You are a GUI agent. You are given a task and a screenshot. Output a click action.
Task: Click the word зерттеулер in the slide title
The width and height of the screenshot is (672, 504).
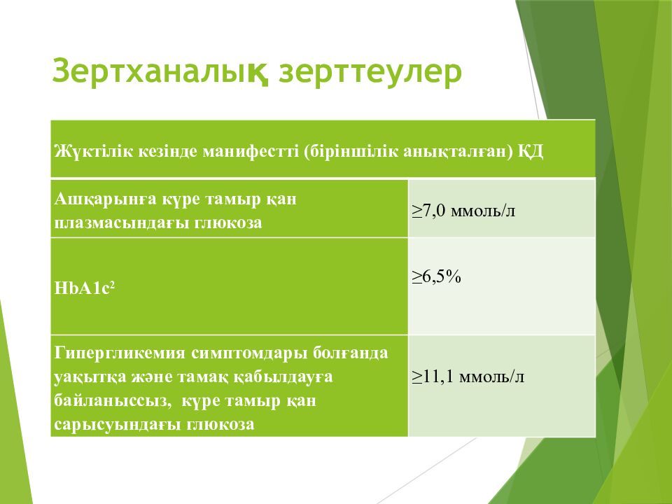(370, 71)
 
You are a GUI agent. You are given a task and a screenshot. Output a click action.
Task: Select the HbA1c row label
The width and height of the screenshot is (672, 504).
(85, 288)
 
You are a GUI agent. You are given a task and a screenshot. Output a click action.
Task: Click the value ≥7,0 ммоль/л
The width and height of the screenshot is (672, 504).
(463, 211)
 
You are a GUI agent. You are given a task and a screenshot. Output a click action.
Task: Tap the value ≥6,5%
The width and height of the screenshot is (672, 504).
(436, 277)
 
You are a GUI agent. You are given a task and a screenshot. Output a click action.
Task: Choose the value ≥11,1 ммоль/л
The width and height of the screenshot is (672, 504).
(468, 377)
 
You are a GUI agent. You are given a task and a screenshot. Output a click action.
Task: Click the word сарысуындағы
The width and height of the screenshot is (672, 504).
(117, 424)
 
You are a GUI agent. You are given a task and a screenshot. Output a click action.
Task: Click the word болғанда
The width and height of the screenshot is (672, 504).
(350, 353)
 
